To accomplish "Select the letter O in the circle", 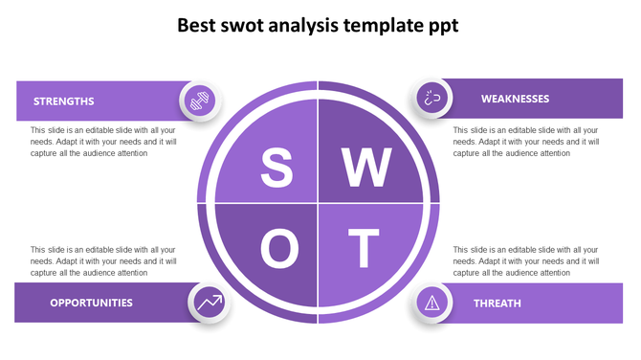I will (279, 249).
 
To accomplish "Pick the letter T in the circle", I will (364, 249).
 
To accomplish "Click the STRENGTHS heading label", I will (63, 101).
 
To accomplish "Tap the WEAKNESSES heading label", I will (515, 99).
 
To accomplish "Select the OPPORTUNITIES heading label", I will (91, 303).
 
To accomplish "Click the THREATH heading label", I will (497, 304).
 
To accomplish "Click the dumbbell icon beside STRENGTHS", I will (200, 100).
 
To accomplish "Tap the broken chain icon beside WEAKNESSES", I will (432, 98).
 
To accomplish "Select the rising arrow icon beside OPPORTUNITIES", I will (209, 303).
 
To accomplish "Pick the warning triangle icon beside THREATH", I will (432, 304).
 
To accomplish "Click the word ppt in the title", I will (444, 27).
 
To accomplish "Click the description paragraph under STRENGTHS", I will (103, 142).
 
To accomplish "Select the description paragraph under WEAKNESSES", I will (526, 142).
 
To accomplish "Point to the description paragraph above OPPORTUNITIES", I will (103, 260).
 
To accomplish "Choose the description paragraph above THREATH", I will (526, 260).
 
